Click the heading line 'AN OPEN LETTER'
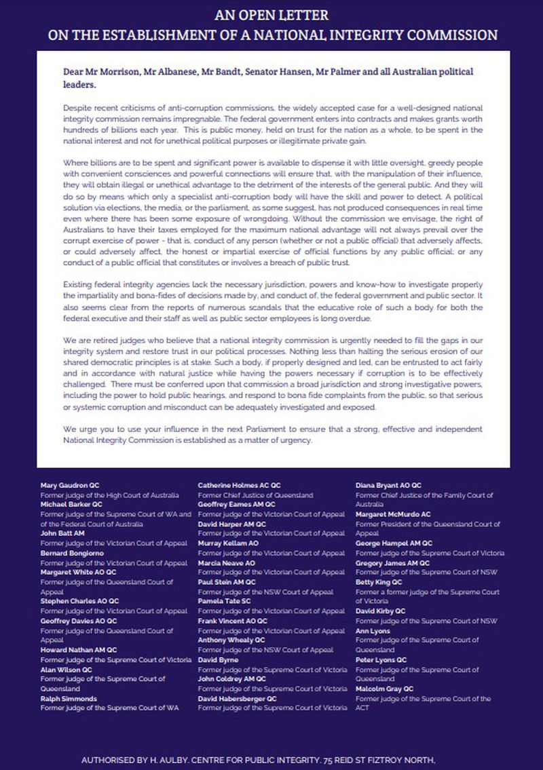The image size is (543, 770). point(271,14)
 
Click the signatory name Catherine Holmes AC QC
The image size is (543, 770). point(235,486)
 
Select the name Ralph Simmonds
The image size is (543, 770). point(69,699)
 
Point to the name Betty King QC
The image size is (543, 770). point(379,582)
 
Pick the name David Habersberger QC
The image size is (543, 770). point(238,699)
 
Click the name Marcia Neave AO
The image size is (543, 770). point(227,563)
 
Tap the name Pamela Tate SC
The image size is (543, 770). point(225,602)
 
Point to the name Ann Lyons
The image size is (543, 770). point(373,631)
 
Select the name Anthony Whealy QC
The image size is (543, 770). point(231,640)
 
